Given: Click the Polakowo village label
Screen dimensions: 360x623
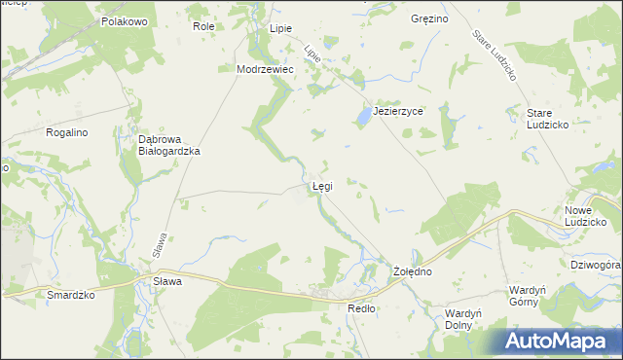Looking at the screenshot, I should click(124, 20).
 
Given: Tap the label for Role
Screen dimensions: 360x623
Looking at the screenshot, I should click(203, 26).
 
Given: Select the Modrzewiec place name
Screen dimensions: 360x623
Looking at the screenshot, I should click(265, 69).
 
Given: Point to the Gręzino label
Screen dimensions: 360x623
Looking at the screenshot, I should click(429, 18).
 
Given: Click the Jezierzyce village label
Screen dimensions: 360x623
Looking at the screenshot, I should click(398, 111).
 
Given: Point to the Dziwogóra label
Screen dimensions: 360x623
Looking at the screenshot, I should click(593, 264).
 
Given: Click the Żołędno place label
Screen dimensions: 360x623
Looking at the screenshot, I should click(412, 271).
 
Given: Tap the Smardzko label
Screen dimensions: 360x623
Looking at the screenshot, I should click(71, 294).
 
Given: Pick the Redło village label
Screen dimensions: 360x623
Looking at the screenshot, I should click(361, 307).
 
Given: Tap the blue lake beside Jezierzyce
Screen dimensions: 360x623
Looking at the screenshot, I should click(363, 117).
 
